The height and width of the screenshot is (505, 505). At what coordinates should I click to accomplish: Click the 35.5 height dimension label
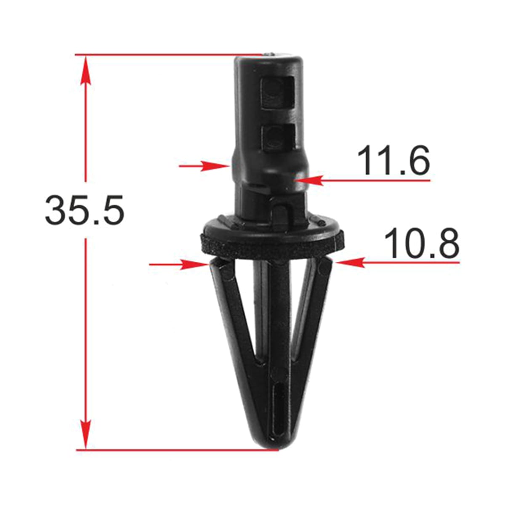point(85,210)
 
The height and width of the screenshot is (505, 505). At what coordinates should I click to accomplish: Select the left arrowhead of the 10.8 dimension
point(194,265)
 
